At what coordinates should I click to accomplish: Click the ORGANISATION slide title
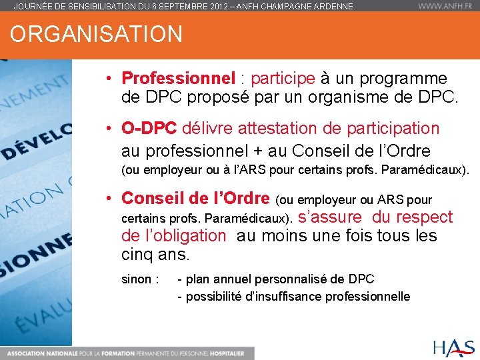point(96,34)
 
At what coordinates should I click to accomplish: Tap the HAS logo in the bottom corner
point(453,347)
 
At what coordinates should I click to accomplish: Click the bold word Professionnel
point(179,79)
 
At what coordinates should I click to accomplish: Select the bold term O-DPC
point(149,128)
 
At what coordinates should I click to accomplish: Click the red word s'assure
point(331,217)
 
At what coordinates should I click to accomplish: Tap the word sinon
point(137,279)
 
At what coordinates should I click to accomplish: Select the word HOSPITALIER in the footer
point(225,353)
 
